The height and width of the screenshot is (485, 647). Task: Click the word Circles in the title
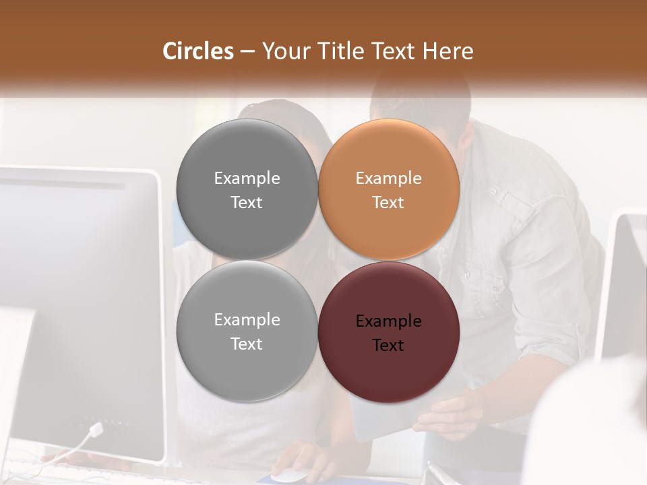pos(197,51)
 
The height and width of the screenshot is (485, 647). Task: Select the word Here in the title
pos(448,51)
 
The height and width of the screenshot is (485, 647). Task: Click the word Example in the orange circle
pos(388,179)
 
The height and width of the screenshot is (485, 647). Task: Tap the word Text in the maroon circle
pos(388,346)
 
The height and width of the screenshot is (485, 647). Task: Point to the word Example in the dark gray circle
pos(247,179)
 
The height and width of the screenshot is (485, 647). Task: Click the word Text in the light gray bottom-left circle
pos(247,344)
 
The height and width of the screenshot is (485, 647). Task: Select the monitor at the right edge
pos(623,283)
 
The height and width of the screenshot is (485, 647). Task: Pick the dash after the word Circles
pos(247,52)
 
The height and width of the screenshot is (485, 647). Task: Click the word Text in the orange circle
pos(388,203)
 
